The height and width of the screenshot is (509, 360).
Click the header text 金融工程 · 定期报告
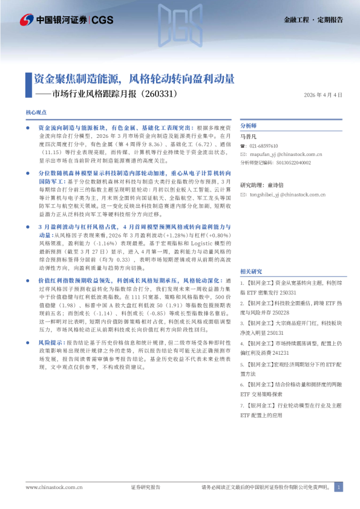313,19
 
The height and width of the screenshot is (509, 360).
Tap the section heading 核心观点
36,113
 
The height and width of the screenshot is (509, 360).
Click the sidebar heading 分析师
249,126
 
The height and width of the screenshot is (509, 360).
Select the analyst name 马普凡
249,137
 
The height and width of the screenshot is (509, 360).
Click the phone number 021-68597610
263,146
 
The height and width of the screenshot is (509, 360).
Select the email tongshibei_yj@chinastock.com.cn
287,195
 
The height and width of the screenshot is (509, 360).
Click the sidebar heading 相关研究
250,271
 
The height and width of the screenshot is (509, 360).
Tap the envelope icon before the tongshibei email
243,195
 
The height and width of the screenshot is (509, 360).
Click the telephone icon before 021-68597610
243,146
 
